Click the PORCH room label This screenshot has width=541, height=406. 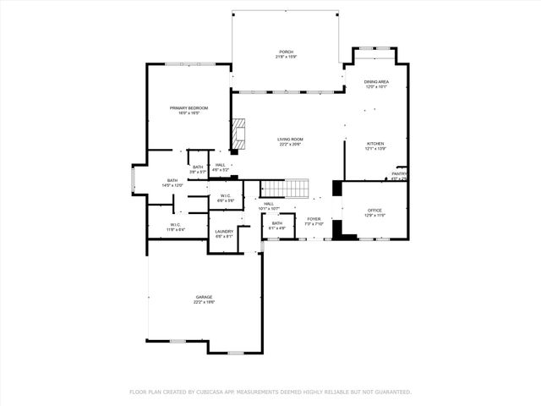(x=287, y=52)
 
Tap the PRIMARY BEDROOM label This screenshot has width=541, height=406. (x=189, y=108)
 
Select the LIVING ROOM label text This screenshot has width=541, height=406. (x=291, y=139)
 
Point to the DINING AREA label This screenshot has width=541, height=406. (x=376, y=82)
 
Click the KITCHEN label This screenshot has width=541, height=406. (x=375, y=144)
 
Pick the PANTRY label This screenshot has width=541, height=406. (x=399, y=174)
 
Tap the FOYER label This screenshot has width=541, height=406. (x=314, y=219)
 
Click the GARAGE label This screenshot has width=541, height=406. (x=204, y=297)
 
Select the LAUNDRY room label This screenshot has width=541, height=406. (x=224, y=232)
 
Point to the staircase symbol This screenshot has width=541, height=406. (x=286, y=188)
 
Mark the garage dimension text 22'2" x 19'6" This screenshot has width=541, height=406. (x=204, y=302)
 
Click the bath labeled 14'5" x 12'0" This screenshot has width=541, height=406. (x=172, y=180)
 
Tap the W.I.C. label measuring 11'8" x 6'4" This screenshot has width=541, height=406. (x=176, y=225)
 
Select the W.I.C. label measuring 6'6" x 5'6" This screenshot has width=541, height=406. (x=226, y=196)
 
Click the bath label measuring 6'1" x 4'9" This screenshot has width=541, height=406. (x=277, y=223)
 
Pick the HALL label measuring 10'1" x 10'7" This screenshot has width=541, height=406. (x=269, y=204)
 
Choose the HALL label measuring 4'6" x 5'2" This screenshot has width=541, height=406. (x=220, y=165)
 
